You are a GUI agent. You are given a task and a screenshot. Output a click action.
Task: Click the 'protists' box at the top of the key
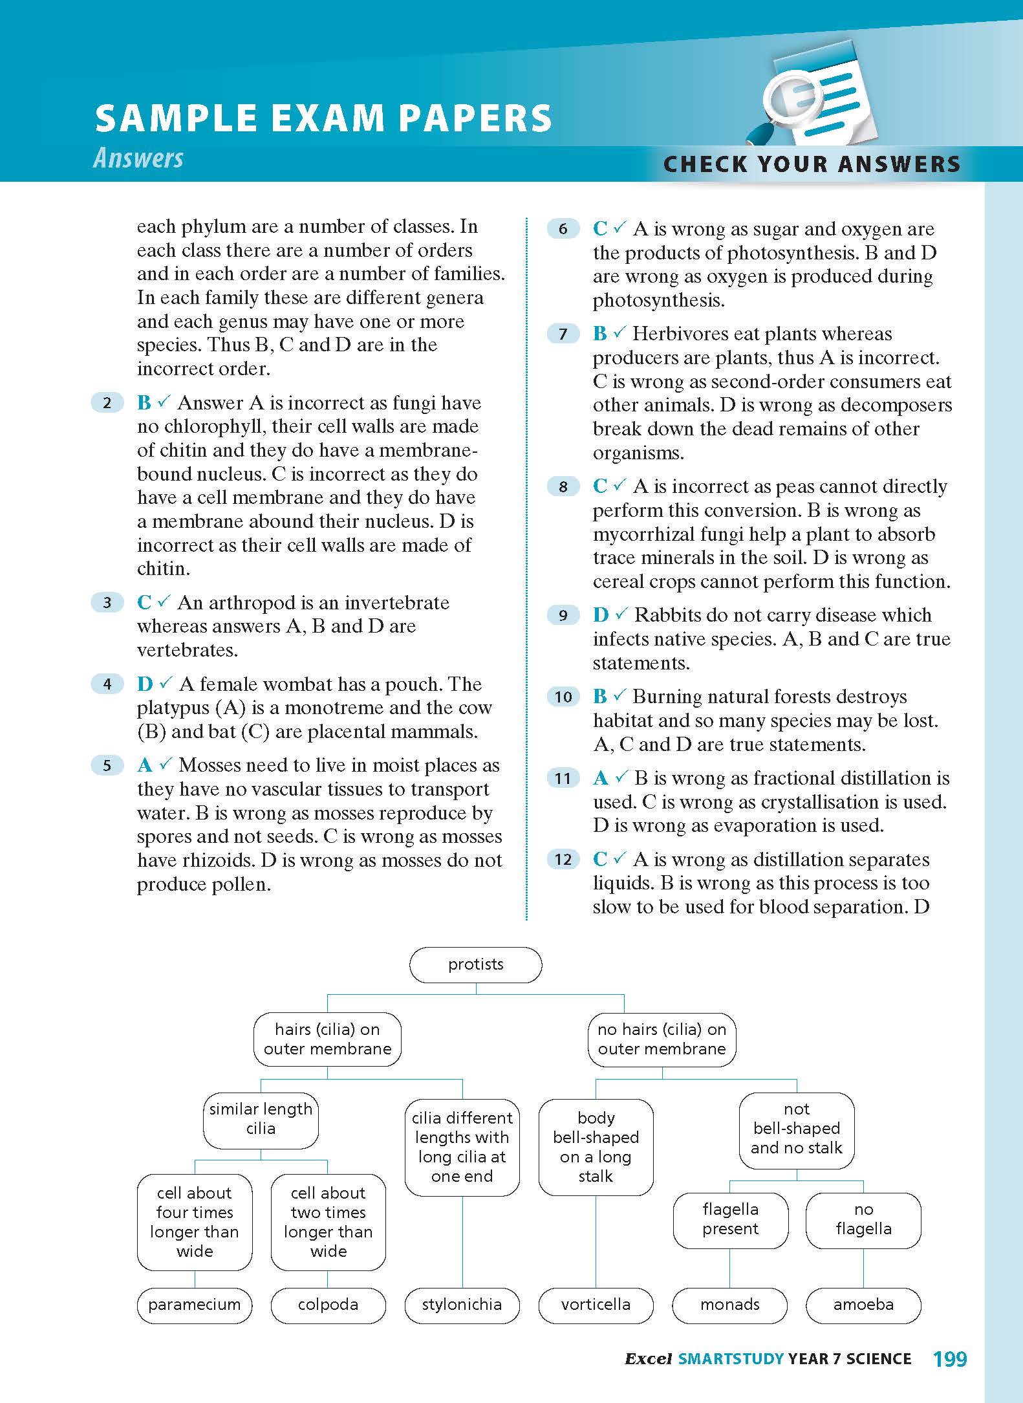(x=475, y=964)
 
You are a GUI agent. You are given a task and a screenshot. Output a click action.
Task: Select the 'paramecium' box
(x=194, y=1305)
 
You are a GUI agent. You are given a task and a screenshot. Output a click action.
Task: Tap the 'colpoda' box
(x=328, y=1305)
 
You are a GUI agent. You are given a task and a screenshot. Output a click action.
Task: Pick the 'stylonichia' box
(x=462, y=1305)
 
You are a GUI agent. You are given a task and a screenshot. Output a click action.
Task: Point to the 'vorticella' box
(x=596, y=1305)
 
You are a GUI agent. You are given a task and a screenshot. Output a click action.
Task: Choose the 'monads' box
(x=730, y=1305)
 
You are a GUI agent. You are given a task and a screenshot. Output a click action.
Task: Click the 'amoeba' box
(x=863, y=1305)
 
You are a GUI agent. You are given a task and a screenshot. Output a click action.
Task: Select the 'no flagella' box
(x=863, y=1219)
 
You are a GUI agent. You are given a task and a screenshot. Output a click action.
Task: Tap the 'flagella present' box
(x=730, y=1219)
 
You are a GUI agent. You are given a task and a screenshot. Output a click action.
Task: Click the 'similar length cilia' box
(x=261, y=1119)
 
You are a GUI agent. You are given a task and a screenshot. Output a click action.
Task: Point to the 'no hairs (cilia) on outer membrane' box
(x=662, y=1039)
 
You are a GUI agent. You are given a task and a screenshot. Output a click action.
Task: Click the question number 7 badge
(x=563, y=334)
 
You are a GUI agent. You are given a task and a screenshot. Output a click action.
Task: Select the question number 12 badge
(x=563, y=860)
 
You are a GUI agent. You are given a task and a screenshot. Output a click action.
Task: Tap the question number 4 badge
(x=107, y=684)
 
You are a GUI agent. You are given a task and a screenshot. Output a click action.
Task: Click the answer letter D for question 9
(x=601, y=615)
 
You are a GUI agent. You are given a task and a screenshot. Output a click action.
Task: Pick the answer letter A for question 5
(x=145, y=766)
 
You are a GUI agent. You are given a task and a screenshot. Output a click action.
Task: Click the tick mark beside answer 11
(x=621, y=777)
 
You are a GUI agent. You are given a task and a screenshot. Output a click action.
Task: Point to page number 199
(x=950, y=1359)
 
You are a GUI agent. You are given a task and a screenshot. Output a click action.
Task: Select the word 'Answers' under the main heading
(x=138, y=158)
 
